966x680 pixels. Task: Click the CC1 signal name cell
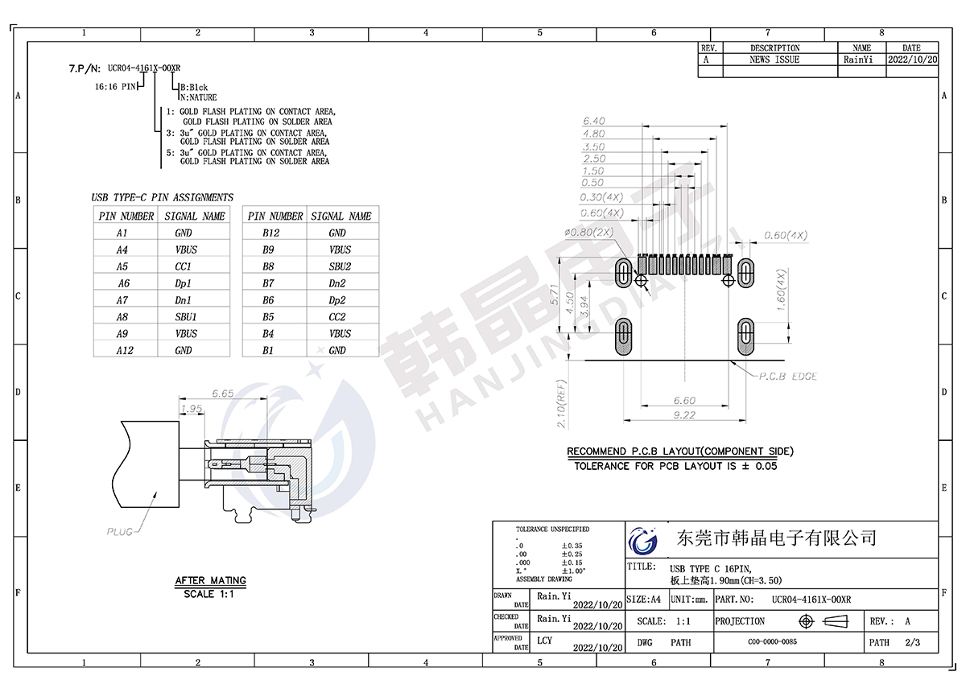[184, 266]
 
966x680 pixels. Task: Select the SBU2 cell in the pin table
[340, 266]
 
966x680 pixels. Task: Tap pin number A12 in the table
[125, 351]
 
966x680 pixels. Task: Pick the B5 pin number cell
[268, 317]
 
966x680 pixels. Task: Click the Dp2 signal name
[337, 300]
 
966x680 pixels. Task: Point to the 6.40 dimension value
[594, 122]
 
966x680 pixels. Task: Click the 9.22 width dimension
[684, 414]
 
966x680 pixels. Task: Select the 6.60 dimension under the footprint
[684, 401]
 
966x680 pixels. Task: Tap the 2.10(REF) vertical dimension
[561, 404]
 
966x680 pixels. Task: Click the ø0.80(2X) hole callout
[589, 233]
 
